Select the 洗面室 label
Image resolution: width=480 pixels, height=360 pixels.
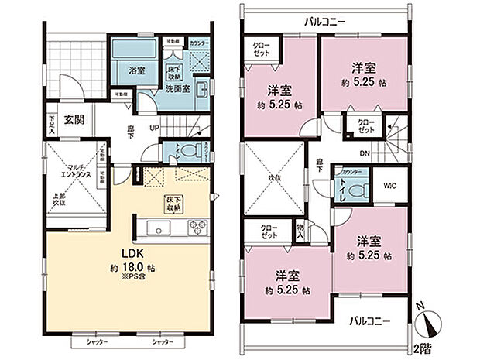[177, 89]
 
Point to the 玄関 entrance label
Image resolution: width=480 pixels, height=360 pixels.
[74, 120]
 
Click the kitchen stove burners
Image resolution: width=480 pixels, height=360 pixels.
[197, 228]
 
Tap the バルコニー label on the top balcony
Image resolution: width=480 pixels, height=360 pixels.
[325, 20]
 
